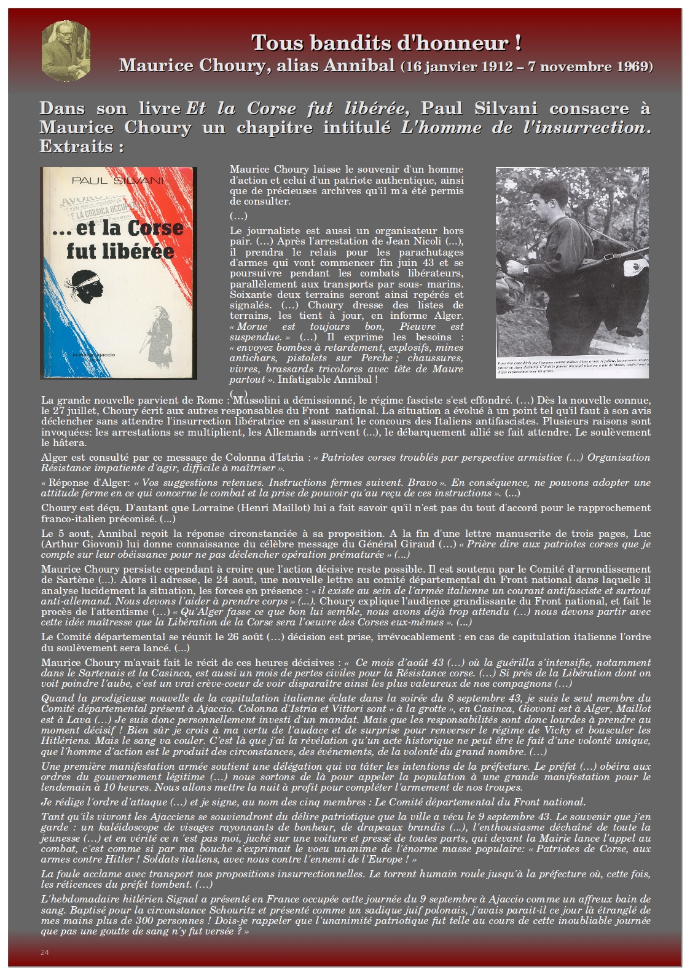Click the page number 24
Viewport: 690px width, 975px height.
(x=44, y=952)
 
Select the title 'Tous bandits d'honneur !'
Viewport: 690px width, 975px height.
(x=386, y=43)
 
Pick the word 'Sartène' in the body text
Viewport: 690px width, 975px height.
(x=68, y=579)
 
